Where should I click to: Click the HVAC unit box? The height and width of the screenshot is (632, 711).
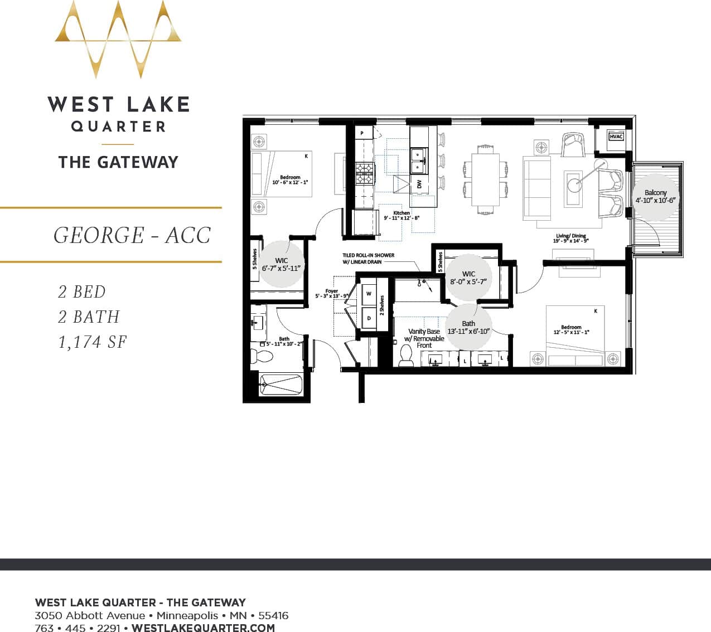click(x=616, y=137)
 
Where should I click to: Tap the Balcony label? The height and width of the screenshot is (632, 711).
click(x=655, y=196)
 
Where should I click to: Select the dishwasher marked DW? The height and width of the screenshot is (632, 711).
click(x=419, y=184)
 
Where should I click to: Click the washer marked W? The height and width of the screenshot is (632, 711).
click(x=369, y=294)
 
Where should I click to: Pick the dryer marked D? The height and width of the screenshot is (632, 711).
click(x=369, y=319)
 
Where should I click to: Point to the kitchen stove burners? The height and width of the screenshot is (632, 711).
click(x=365, y=171)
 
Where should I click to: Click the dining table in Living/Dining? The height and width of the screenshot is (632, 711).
click(x=485, y=179)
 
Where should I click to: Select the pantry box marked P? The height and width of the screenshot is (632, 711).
click(x=362, y=134)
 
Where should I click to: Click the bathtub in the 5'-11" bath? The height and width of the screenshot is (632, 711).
click(x=280, y=385)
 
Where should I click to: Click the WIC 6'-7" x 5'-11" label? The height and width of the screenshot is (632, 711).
click(x=282, y=264)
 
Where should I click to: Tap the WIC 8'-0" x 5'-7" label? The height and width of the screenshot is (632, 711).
click(x=468, y=278)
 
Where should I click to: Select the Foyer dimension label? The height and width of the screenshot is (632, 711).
click(x=332, y=294)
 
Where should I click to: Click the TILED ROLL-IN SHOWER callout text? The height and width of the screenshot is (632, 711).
click(x=368, y=259)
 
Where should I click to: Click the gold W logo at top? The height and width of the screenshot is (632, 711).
click(x=118, y=39)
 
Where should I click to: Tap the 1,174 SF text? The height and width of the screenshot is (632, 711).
click(x=93, y=342)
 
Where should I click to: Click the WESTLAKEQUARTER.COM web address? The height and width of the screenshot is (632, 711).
click(x=203, y=628)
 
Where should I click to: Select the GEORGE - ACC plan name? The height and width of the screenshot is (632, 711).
click(x=132, y=235)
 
